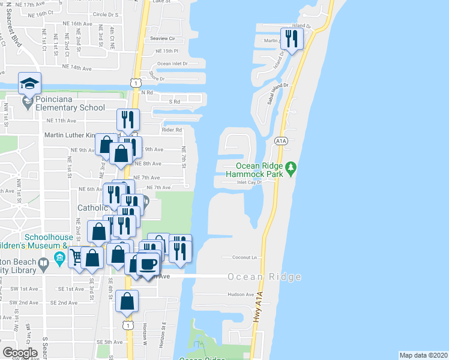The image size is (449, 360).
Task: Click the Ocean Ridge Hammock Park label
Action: pos(259,170)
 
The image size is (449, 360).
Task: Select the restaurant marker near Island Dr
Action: pos(292,40)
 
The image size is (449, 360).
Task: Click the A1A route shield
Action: pos(280,140)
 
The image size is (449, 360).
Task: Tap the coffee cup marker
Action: pos(148,264)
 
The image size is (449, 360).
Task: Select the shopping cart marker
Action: pos(77,257)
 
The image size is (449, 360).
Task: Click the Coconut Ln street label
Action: pos(245,257)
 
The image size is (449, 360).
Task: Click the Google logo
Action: pos(20,353)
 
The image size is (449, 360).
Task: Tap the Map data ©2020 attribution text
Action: pos(423,355)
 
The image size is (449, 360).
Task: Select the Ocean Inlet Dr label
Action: pos(172,63)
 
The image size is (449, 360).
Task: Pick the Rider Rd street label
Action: pos(171,130)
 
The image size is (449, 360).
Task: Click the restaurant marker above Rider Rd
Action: pos(128,119)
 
